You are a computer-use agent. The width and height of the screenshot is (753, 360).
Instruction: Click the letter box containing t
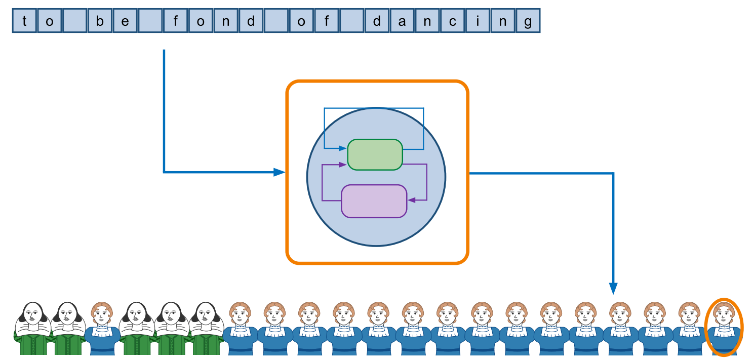point(24,22)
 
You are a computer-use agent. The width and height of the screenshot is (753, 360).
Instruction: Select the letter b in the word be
point(100,22)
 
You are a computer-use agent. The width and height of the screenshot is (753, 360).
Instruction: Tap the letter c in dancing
point(452,22)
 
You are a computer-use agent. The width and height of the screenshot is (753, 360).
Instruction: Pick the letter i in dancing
point(478,22)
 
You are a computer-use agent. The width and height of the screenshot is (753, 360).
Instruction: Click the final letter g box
point(528,22)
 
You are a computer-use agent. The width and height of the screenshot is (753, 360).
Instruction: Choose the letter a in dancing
point(402,22)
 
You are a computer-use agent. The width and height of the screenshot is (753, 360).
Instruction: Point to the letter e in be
point(125,22)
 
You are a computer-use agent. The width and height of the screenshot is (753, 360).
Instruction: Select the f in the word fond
point(176,22)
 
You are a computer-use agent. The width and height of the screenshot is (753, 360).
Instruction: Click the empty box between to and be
point(74,22)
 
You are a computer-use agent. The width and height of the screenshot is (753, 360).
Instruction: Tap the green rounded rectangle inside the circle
point(375,154)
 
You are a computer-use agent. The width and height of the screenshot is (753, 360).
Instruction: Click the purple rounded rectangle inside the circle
point(374,201)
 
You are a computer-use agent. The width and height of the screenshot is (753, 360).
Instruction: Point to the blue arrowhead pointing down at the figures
point(613,289)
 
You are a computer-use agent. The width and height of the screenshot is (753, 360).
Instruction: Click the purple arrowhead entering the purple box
point(412,200)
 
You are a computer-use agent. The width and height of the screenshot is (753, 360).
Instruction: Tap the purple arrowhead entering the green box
point(343,165)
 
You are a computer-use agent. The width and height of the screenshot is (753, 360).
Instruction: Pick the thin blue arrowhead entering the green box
point(343,148)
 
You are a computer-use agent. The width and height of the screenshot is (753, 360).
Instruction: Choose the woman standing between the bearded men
point(102,327)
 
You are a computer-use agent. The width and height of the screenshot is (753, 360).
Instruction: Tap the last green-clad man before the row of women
point(206,327)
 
